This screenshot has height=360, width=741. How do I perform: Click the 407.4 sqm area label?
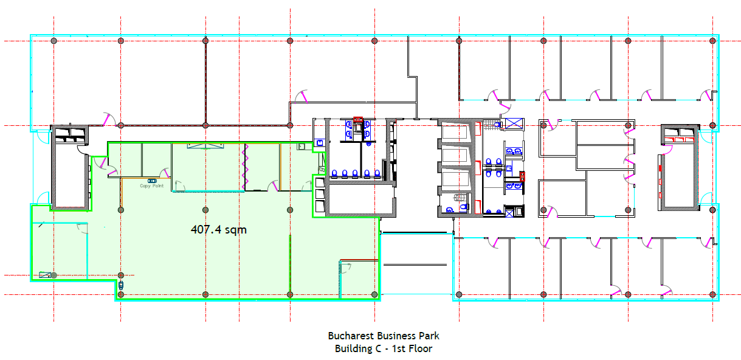click(219, 230)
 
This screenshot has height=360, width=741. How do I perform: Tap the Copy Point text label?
click(151, 186)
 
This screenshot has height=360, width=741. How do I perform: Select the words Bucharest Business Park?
click(384, 336)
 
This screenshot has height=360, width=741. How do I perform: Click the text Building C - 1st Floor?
click(384, 348)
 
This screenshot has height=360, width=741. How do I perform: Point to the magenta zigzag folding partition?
click(245, 167)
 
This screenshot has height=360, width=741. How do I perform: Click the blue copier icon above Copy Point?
click(152, 181)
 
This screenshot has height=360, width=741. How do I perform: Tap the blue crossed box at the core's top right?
click(514, 123)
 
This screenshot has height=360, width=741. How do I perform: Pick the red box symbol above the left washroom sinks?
click(358, 119)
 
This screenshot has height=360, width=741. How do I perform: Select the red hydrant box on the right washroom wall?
click(522, 176)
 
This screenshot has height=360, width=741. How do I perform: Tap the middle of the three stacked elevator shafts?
click(455, 155)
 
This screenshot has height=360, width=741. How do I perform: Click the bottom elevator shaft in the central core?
click(455, 180)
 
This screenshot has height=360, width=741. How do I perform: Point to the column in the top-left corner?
click(54, 41)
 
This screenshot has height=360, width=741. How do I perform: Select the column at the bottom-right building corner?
click(712, 294)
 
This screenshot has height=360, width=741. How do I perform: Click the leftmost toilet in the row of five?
click(334, 173)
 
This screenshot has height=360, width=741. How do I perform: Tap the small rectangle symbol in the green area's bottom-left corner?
click(44, 275)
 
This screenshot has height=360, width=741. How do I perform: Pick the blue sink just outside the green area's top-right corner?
click(320, 143)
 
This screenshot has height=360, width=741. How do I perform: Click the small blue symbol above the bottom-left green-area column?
click(121, 285)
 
